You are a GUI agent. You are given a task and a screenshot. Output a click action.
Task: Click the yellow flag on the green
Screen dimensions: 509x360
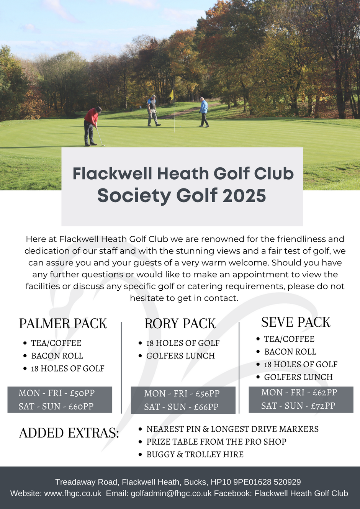[172, 94]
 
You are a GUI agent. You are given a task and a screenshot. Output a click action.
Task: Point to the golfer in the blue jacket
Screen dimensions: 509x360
[203, 111]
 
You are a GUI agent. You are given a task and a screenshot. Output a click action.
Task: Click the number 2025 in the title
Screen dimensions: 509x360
[244, 196]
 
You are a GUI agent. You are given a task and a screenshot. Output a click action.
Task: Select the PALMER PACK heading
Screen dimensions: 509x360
[63, 324]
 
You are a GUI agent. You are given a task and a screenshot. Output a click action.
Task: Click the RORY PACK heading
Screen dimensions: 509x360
[180, 324]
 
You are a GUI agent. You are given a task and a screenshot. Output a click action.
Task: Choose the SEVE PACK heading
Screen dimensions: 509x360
[296, 322]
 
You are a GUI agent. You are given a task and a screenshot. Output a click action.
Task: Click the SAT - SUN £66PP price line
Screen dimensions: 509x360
[181, 407]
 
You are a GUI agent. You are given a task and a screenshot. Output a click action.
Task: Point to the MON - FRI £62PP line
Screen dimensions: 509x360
[299, 393]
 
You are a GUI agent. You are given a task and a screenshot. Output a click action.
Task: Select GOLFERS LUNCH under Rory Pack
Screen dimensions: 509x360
[180, 356]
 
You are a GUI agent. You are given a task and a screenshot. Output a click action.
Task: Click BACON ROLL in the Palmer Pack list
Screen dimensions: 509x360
[57, 356]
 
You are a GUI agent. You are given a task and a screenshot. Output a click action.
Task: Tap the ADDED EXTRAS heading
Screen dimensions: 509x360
[69, 433]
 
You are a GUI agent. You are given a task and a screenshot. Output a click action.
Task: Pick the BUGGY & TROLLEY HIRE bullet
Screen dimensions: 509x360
[195, 455]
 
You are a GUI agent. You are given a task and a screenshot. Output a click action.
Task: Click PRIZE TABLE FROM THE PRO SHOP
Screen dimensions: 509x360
[216, 442]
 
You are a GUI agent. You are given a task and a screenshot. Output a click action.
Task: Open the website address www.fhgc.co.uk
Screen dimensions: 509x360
[73, 493]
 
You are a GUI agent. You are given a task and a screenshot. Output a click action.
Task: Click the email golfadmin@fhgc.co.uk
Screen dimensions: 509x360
[171, 493]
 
